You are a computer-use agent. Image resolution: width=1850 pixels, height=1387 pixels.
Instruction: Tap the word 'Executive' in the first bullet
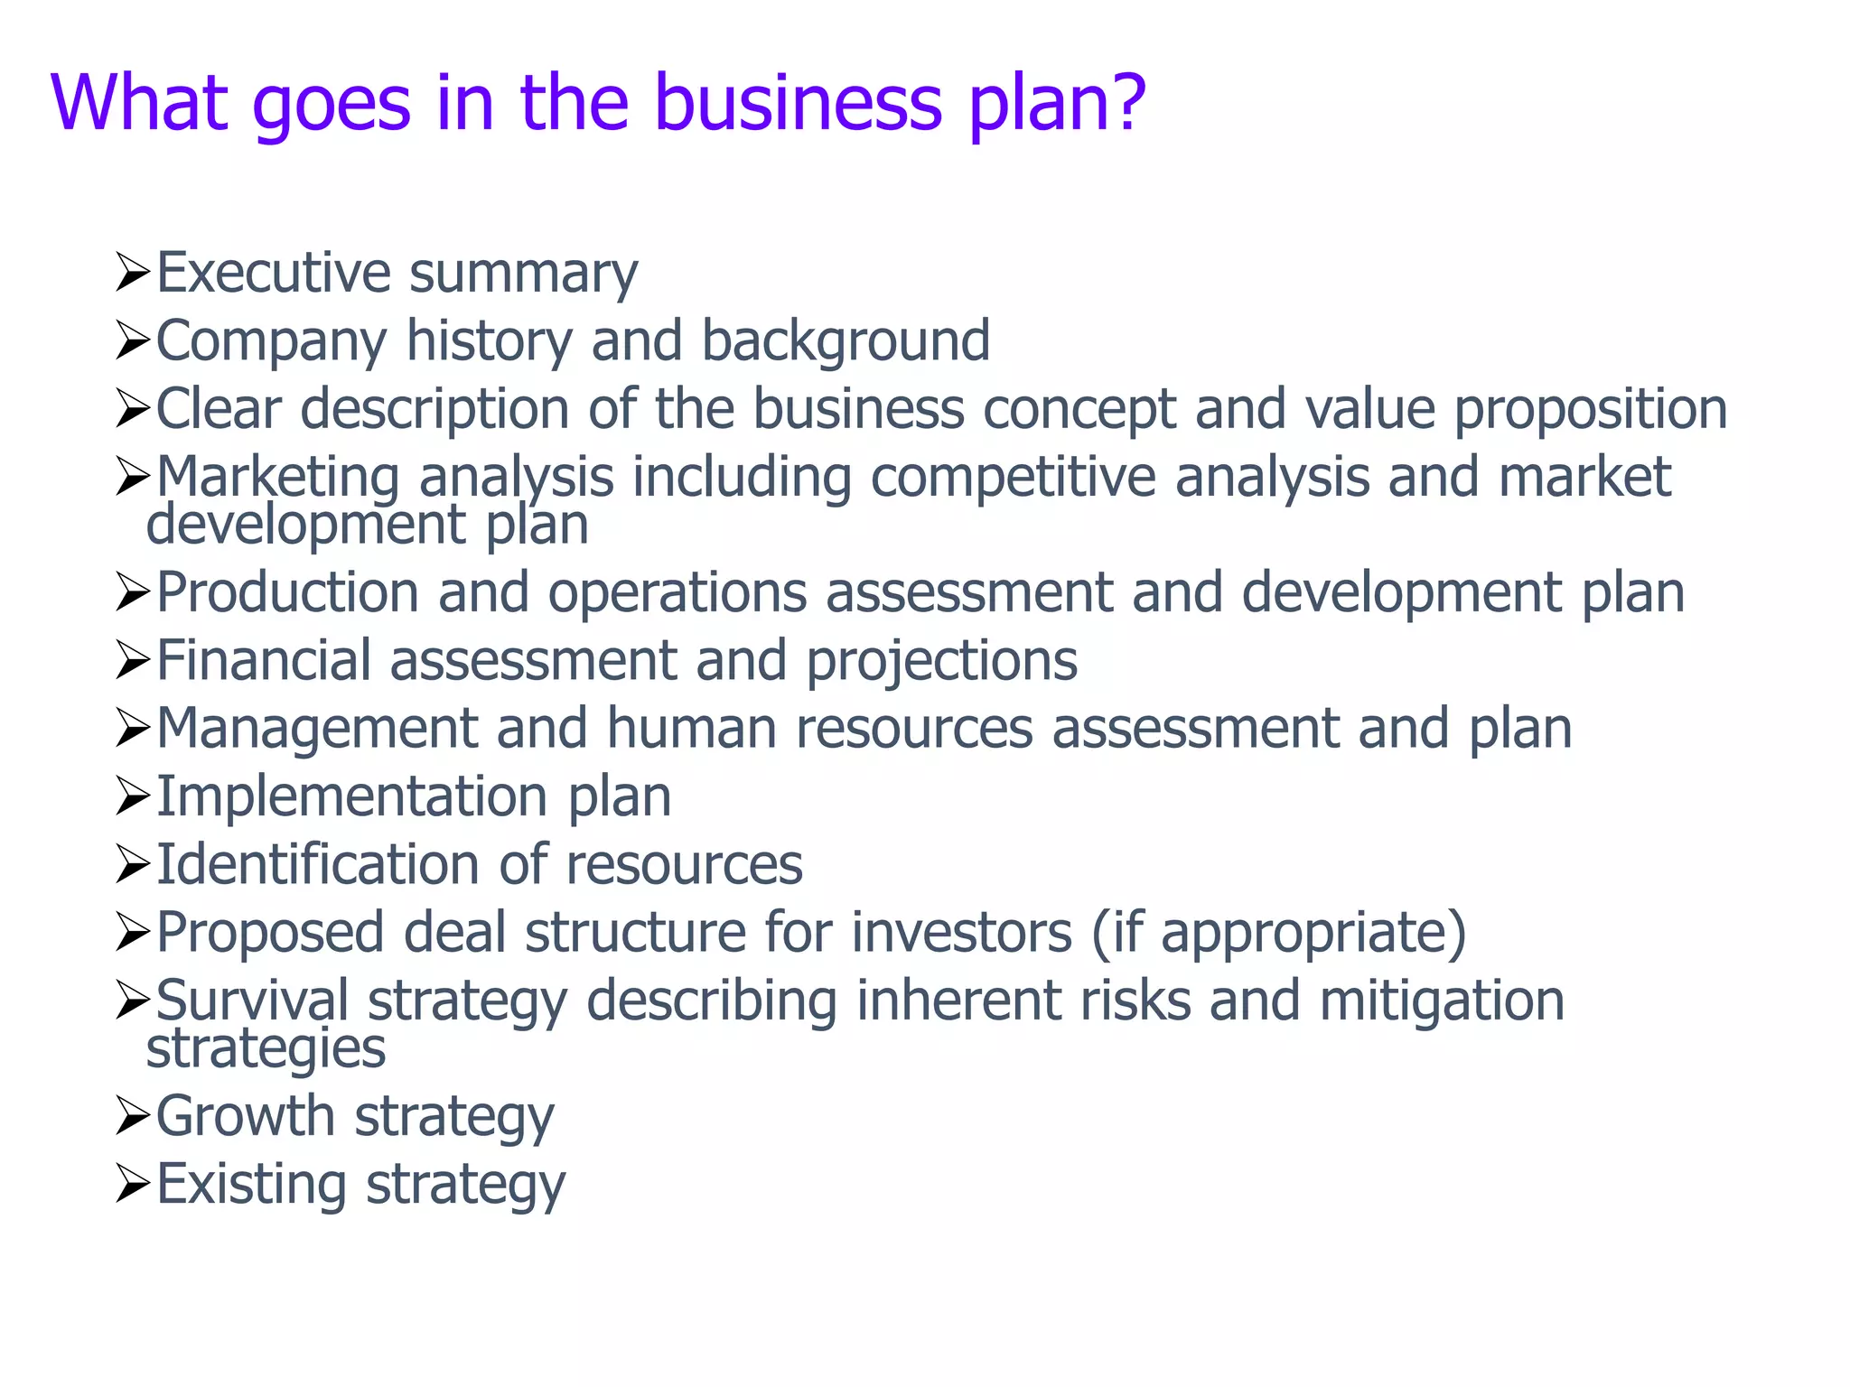coord(274,273)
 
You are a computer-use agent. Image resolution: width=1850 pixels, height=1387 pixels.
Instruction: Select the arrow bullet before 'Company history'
coord(132,342)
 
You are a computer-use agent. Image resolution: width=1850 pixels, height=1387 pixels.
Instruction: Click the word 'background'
coord(846,340)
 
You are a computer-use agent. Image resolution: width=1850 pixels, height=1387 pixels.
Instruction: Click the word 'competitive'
coord(1013,477)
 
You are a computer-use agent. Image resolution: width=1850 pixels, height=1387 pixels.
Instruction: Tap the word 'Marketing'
coord(278,479)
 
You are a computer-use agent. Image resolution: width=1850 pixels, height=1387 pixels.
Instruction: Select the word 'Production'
coord(287,592)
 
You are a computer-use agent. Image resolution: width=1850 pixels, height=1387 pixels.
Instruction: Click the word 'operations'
coord(677,594)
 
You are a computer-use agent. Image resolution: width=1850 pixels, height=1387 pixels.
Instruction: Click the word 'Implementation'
coord(352,797)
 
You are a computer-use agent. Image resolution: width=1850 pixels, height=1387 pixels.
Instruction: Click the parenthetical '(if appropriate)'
coord(1279,934)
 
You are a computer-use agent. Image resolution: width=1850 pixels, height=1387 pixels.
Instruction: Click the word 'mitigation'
coord(1442,1002)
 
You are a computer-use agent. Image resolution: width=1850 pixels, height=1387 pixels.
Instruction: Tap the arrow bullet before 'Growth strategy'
coord(132,1118)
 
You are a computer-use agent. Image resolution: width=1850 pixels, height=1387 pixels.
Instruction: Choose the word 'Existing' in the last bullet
coord(251,1185)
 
